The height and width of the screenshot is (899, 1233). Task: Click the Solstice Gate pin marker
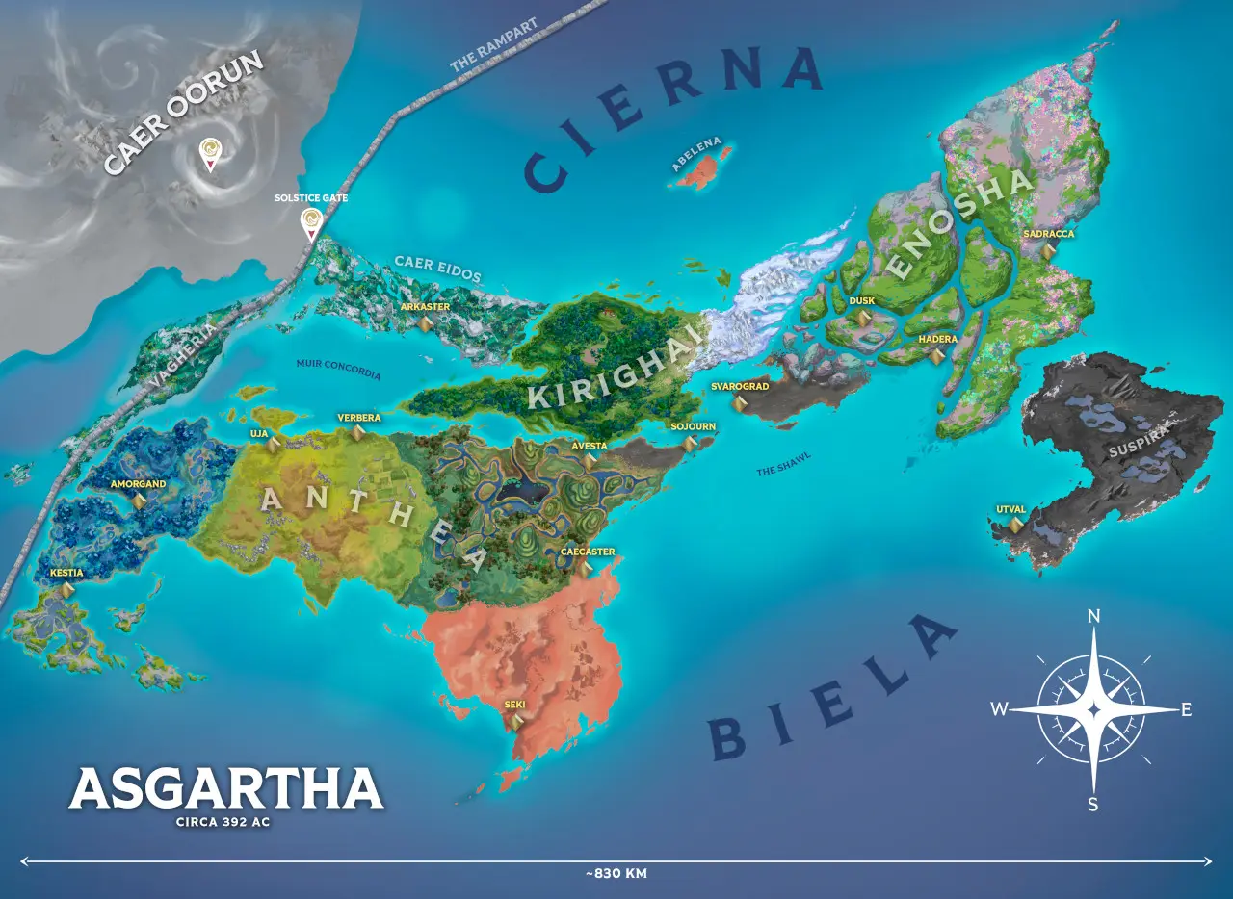tap(310, 223)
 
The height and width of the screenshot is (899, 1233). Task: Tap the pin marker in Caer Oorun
tap(209, 154)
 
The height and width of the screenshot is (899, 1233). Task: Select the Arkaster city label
tap(425, 307)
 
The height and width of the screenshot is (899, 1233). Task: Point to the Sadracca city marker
tap(1048, 250)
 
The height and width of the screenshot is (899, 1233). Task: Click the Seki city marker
tap(515, 720)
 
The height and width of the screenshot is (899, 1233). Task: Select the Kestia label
tap(66, 573)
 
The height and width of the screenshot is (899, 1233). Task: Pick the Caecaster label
tap(588, 552)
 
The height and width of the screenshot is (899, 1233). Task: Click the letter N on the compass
tap(1093, 617)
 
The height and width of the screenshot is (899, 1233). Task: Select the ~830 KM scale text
tap(616, 874)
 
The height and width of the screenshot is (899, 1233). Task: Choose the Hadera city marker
tap(936, 356)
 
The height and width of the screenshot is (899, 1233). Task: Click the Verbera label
tap(359, 418)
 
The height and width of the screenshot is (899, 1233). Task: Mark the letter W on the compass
tap(1000, 709)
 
